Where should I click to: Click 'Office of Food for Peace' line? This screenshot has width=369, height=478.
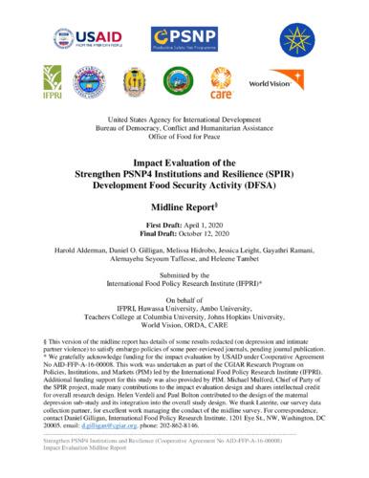[184, 142]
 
